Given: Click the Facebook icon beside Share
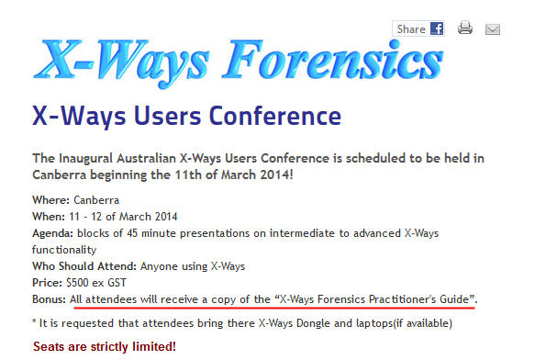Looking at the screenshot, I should tap(437, 28).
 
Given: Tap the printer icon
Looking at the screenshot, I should tap(465, 28).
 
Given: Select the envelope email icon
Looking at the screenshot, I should tap(493, 28).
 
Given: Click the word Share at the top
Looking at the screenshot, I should tap(410, 29).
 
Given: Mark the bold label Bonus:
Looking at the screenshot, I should tap(50, 300).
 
